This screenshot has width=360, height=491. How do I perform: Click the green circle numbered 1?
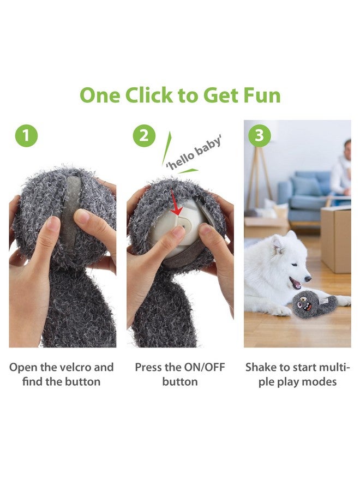click(x=26, y=136)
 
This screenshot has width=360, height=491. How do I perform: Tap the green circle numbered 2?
click(x=143, y=136)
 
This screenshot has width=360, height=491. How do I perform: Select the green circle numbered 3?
click(x=260, y=136)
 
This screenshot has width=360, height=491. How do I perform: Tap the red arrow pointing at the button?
click(x=175, y=202)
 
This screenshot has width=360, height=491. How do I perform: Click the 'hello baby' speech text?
click(x=194, y=153)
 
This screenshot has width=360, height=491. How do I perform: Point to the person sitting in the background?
click(x=342, y=169)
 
